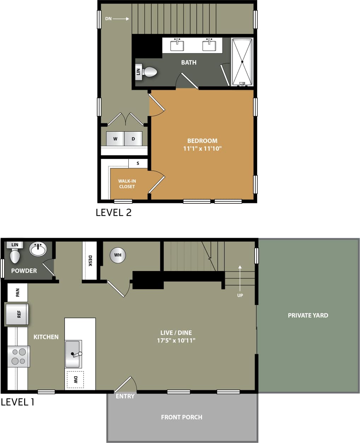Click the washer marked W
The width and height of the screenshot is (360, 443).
click(x=115, y=139)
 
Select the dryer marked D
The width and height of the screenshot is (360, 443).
click(x=133, y=139)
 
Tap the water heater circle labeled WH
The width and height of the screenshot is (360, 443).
click(x=118, y=255)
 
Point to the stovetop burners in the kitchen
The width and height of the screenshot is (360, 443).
click(x=19, y=356)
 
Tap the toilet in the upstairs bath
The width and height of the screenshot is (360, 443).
click(x=150, y=72)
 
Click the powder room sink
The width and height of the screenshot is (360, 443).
click(x=38, y=249)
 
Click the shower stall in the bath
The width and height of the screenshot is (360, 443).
click(x=242, y=62)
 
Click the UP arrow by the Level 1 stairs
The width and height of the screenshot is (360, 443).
click(x=240, y=272)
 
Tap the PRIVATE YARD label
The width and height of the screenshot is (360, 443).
click(x=308, y=315)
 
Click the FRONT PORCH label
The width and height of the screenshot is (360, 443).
click(x=181, y=417)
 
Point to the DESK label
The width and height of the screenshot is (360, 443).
click(x=90, y=261)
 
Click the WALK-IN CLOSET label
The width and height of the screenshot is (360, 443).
click(x=127, y=184)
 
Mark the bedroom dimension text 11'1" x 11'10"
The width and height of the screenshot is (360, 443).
click(x=202, y=149)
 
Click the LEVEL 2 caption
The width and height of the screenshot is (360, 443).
click(x=114, y=212)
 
